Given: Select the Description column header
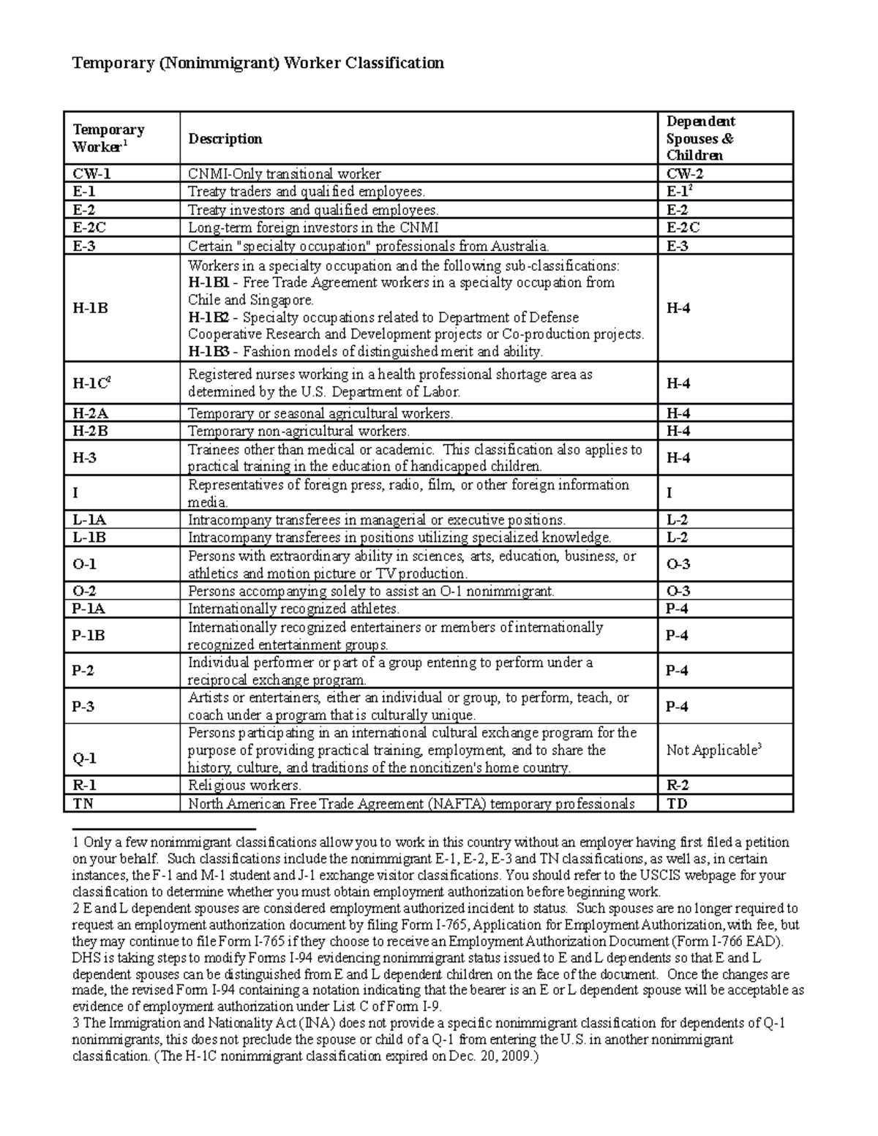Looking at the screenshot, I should pyautogui.click(x=225, y=139).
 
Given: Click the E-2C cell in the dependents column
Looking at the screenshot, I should pyautogui.click(x=683, y=227).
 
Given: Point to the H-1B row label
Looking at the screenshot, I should pyautogui.click(x=90, y=308).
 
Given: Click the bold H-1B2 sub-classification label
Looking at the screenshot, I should pyautogui.click(x=209, y=317).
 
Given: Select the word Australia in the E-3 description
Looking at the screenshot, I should pyautogui.click(x=517, y=246).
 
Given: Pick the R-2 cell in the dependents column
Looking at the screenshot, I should pyautogui.click(x=678, y=786).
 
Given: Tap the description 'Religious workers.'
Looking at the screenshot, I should pyautogui.click(x=244, y=786).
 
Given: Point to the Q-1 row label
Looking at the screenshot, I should pyautogui.click(x=84, y=759).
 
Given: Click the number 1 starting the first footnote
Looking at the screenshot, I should pyautogui.click(x=75, y=842).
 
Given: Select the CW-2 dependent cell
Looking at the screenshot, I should pyautogui.click(x=684, y=174).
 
